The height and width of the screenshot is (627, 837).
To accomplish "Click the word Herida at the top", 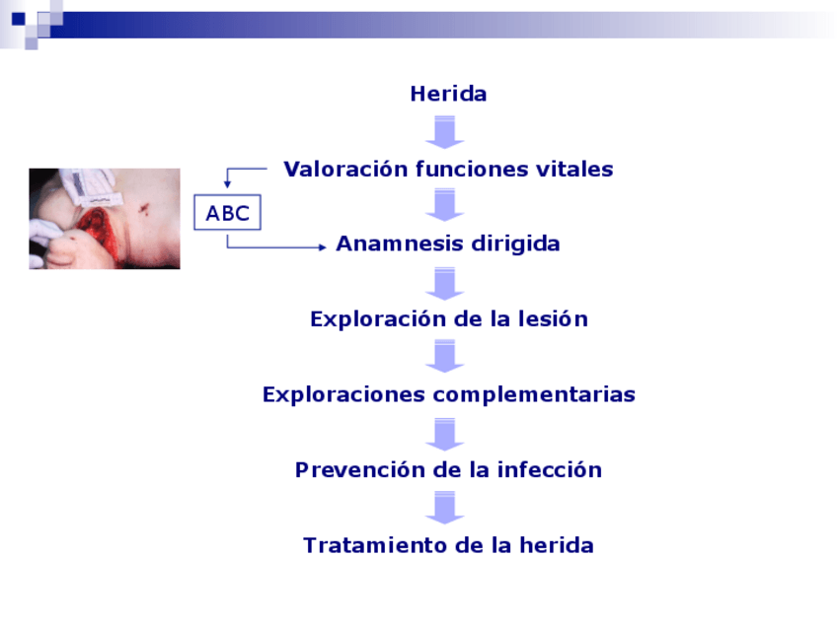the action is tap(448, 94).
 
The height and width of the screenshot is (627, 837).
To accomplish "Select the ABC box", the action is tap(227, 212).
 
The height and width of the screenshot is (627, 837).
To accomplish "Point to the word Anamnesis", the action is tap(400, 244).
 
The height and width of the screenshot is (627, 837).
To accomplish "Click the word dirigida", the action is tap(515, 244).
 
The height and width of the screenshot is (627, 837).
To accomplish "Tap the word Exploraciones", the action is tap(343, 394).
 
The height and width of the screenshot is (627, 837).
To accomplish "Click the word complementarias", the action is tap(534, 395).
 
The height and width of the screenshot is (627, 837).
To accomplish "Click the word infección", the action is tap(550, 469).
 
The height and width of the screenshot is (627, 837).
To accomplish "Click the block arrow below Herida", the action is tap(444, 132).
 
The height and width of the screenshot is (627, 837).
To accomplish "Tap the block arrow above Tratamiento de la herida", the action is tap(444, 508).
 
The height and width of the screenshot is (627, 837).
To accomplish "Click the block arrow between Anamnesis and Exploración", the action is tap(444, 284).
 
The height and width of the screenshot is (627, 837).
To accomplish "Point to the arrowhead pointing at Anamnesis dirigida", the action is tap(323, 246).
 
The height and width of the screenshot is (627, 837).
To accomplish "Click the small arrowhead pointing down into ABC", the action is tap(227, 184).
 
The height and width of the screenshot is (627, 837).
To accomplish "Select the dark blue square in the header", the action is tap(19, 19).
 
